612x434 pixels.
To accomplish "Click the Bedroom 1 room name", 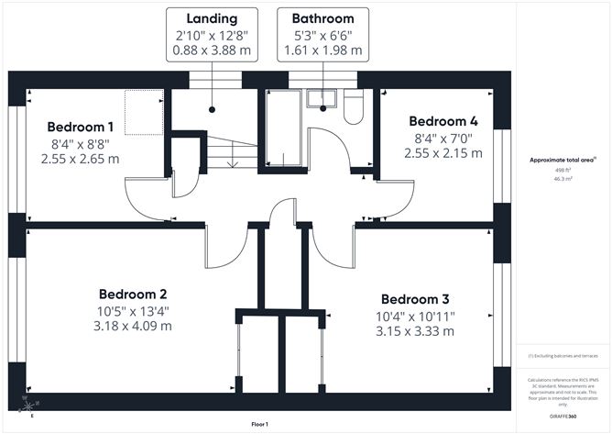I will point(81,127).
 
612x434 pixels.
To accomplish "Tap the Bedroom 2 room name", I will point(133,295).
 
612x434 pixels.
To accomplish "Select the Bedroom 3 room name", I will point(415,300).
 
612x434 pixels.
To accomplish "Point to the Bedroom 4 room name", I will point(443,121).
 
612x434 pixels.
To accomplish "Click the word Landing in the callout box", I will point(212,18).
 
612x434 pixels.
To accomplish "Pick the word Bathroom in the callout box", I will point(322,18).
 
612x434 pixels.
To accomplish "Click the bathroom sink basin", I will point(322,98).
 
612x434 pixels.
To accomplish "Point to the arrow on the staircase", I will point(233,161).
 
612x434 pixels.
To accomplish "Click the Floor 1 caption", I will point(265,425).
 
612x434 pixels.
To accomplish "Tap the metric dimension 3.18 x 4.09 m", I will point(133,327).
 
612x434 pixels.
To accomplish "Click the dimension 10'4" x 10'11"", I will point(415,316).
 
